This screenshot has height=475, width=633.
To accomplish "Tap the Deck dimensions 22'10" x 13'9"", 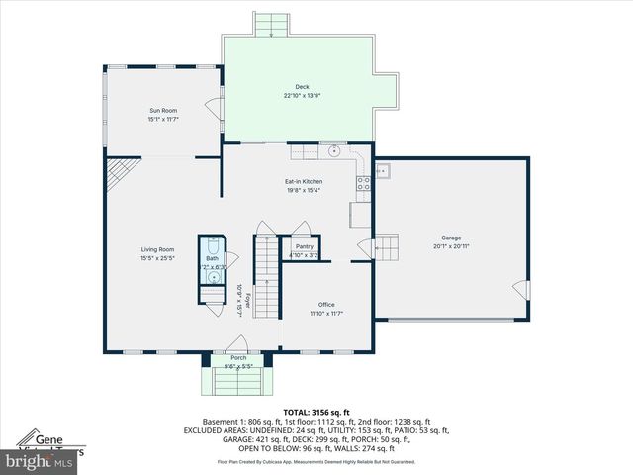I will [x=303, y=96].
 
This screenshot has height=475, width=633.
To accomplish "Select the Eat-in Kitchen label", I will [x=304, y=181].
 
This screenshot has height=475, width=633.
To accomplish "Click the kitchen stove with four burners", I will [x=363, y=181].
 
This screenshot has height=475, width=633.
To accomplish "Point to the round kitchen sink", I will [x=335, y=151].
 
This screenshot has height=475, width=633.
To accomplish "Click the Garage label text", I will [x=451, y=238].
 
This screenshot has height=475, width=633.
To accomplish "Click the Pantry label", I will [x=304, y=246].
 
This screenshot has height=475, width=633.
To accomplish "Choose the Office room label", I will [x=326, y=304].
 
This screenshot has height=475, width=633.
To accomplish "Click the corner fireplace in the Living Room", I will [x=116, y=175].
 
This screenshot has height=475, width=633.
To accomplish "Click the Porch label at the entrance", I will [x=238, y=357].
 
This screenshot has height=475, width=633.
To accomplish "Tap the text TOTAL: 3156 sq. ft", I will [x=316, y=412].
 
